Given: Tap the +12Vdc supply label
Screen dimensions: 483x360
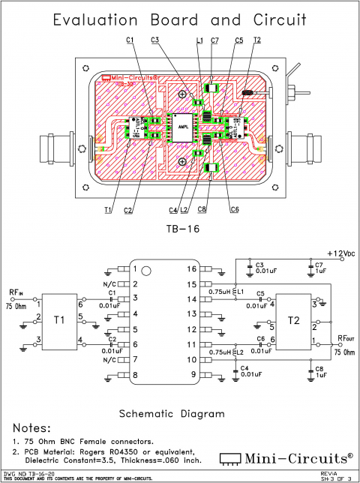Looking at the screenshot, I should click(340, 253).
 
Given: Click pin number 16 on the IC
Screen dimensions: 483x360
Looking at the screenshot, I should click(192, 268).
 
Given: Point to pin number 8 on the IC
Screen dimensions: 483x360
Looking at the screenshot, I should click(135, 374).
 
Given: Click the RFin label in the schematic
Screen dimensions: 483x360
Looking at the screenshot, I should click(16, 294).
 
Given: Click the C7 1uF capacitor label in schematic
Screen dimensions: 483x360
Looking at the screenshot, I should click(319, 268).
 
